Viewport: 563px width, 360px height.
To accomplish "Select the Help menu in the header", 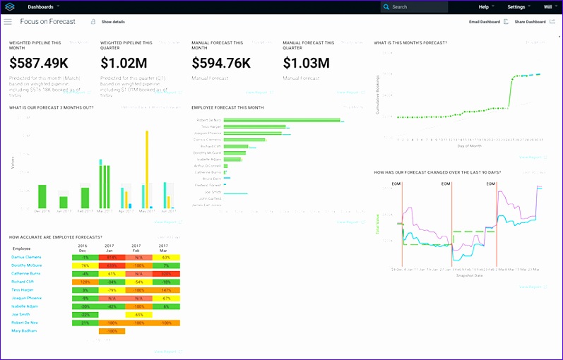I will (485, 7).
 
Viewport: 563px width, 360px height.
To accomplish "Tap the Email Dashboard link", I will (485, 22).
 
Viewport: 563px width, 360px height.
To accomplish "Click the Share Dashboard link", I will (530, 22).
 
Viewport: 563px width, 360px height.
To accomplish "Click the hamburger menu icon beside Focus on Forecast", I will (8, 22).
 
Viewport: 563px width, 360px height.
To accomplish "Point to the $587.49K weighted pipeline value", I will (39, 64).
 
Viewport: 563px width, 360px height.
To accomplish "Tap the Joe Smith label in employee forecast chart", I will (213, 192).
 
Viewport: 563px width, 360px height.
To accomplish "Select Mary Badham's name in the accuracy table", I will (24, 330).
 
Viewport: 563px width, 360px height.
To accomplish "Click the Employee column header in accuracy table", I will (21, 248).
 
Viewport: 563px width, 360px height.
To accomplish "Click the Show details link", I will (113, 22).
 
